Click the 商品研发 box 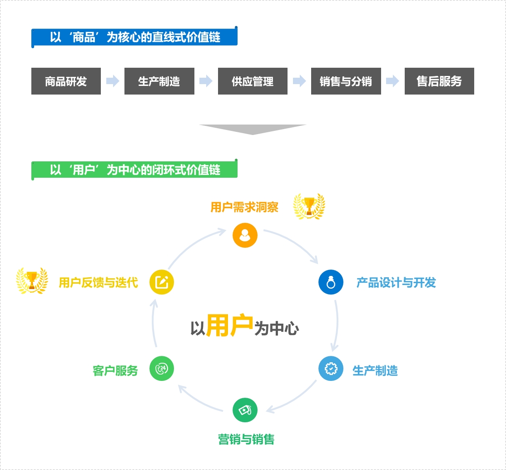[66, 81]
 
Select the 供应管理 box [253, 81]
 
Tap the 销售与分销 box [346, 81]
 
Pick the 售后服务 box [439, 81]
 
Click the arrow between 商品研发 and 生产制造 [113, 81]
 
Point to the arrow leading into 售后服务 [392, 81]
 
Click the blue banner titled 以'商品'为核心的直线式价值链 [134, 37]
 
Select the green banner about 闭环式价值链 [134, 170]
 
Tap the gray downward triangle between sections [253, 130]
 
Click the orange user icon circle [245, 235]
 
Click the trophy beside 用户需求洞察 [309, 206]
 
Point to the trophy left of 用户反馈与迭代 [32, 280]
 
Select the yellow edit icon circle [162, 282]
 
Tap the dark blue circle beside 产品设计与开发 [331, 282]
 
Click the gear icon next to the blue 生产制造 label [331, 368]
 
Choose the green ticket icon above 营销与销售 [245, 410]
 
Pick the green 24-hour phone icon [162, 368]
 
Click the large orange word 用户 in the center [229, 325]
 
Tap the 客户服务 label [115, 370]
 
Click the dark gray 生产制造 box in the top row [159, 81]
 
